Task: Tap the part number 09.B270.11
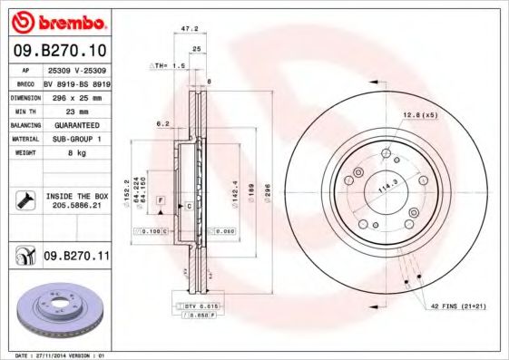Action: point(76,258)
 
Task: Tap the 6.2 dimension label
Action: point(163,123)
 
